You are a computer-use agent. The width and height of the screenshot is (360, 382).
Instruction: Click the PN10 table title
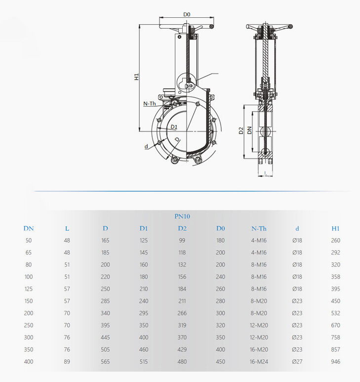coord(182,216)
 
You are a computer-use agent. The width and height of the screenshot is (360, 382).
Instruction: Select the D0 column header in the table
coord(221,228)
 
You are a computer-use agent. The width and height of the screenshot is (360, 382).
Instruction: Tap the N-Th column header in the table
coord(259,228)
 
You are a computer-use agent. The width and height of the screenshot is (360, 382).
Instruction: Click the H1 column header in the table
coord(335,228)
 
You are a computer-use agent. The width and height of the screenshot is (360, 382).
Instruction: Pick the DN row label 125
coord(29,289)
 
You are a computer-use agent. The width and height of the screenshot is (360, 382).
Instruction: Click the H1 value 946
coord(335,362)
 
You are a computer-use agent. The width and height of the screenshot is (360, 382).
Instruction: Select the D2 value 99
coord(182,241)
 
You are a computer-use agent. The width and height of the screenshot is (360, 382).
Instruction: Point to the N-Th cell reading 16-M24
coord(259,362)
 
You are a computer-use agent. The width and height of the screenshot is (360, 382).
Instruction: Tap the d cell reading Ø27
coord(297,362)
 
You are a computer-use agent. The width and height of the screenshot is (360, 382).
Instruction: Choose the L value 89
coord(67,362)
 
